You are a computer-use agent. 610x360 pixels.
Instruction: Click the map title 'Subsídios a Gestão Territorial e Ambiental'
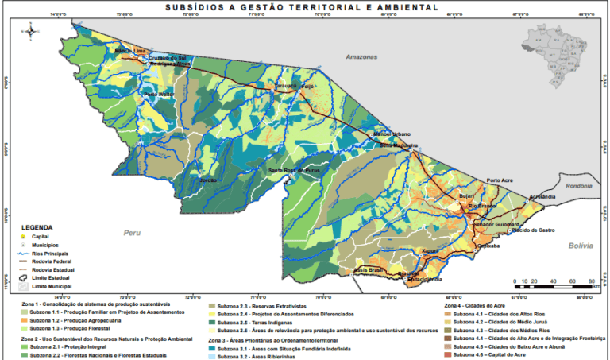(x=301, y=6)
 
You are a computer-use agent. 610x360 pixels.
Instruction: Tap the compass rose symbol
(x=30, y=31)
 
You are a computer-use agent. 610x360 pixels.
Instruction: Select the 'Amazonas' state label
(x=361, y=58)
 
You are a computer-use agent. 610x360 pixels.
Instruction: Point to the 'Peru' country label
(x=131, y=233)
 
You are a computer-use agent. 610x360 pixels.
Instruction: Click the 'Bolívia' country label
(x=581, y=246)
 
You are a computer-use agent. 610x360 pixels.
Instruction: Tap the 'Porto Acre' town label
(x=502, y=180)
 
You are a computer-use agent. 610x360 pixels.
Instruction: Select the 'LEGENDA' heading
(x=37, y=227)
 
